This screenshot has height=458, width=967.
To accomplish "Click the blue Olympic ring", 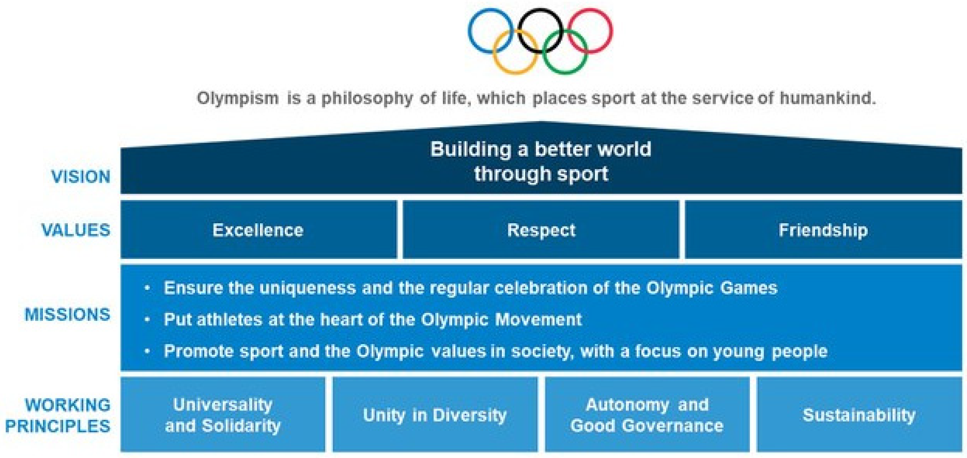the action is (x=469, y=31).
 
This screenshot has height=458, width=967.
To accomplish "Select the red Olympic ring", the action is (x=612, y=31).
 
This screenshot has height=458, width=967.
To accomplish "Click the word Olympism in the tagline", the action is (x=238, y=99).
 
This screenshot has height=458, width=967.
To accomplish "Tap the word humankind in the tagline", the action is (x=828, y=98).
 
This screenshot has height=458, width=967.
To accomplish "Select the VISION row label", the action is (x=81, y=176).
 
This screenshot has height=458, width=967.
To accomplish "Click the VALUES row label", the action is (x=76, y=230).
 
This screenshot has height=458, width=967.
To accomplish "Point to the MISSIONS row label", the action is (x=67, y=314).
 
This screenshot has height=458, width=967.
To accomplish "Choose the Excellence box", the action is (x=259, y=229).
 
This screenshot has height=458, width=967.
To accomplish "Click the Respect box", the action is (x=541, y=229).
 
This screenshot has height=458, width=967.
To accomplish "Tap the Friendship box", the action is (x=824, y=229).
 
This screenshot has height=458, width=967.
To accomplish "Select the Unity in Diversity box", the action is (x=435, y=414).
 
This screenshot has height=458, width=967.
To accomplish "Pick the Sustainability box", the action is (x=860, y=414).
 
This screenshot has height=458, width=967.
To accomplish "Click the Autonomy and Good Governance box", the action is (x=647, y=414).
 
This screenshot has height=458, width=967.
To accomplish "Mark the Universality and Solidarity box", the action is (x=223, y=414).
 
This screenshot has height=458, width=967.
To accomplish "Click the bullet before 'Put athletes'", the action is (x=148, y=320).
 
